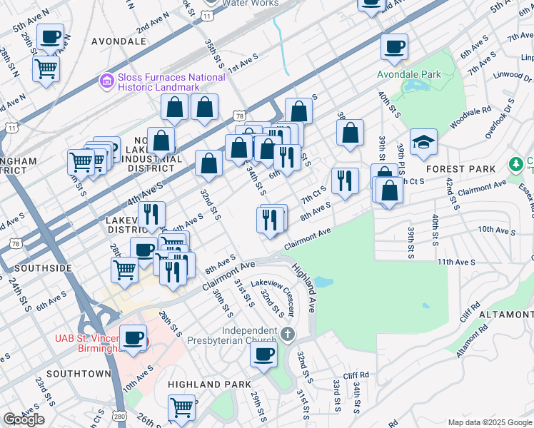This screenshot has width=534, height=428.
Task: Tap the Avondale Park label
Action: click(410, 73)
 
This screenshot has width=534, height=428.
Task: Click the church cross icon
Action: click(287, 334)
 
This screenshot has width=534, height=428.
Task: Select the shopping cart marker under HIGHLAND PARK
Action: click(182, 408)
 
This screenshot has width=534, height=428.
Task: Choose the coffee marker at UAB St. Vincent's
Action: click(133, 337)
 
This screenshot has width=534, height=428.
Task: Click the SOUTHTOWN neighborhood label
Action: click(79, 373)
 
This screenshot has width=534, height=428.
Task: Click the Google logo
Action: click(24, 419)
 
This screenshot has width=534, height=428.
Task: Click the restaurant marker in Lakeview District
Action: click(152, 215)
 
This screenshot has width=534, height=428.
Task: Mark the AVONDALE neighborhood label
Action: click(119, 41)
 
